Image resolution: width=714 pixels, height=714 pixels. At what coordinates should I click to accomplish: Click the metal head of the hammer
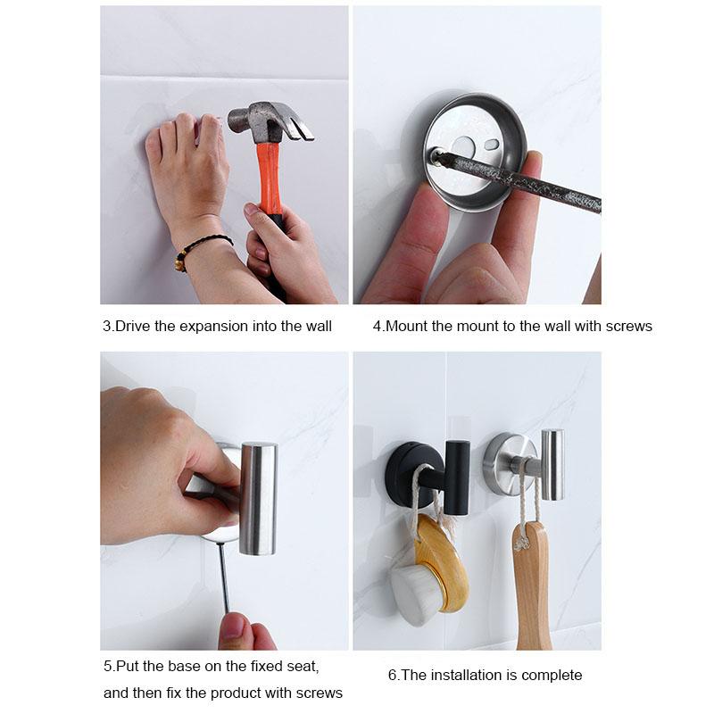(259, 121)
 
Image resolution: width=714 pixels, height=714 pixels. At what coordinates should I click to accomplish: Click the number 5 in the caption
(107, 666)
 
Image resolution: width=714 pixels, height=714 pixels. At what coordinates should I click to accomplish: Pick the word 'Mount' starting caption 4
(406, 327)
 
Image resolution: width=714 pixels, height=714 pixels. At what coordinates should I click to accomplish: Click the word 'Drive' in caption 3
(133, 327)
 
